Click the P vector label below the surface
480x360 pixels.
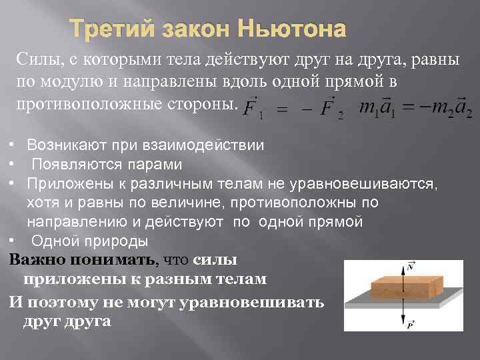pyautogui.click(x=411, y=324)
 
